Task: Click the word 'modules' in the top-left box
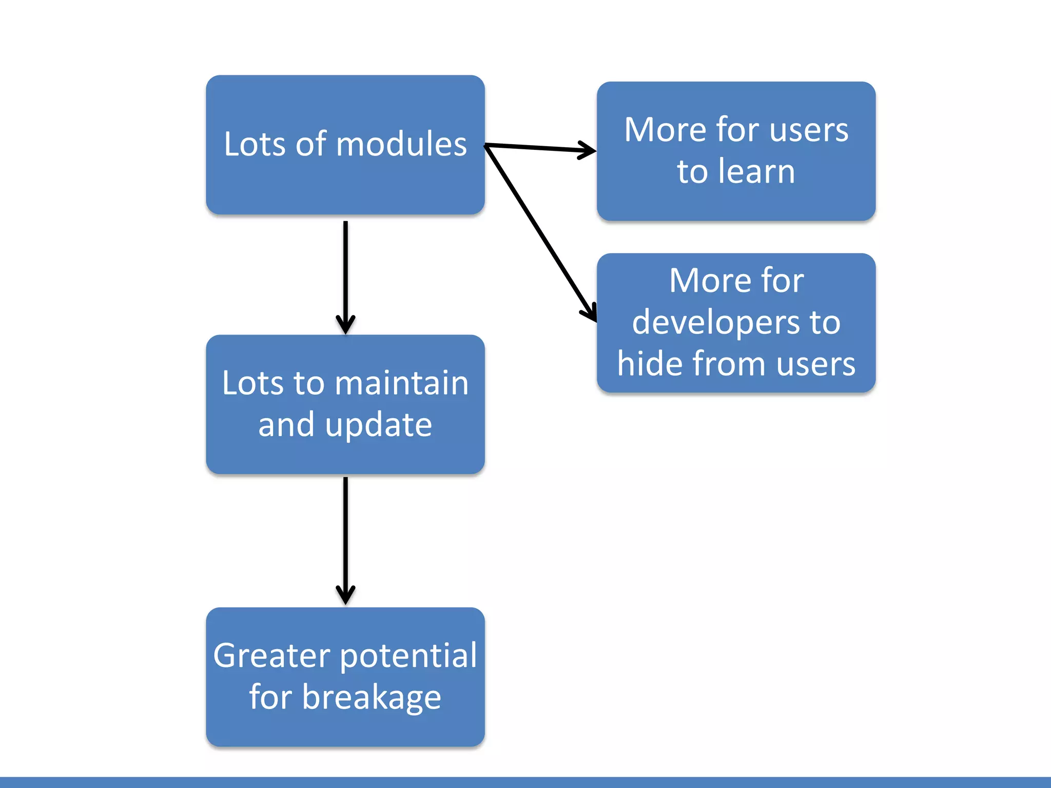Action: tap(401, 144)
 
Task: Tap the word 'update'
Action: tap(378, 426)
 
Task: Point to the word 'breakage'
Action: tap(372, 698)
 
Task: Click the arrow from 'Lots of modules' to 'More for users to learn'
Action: tap(540, 148)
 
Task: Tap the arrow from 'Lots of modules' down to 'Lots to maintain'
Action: tap(345, 278)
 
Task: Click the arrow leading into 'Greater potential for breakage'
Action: tap(345, 541)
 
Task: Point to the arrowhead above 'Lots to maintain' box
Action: tap(345, 324)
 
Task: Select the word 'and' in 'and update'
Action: tap(286, 425)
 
